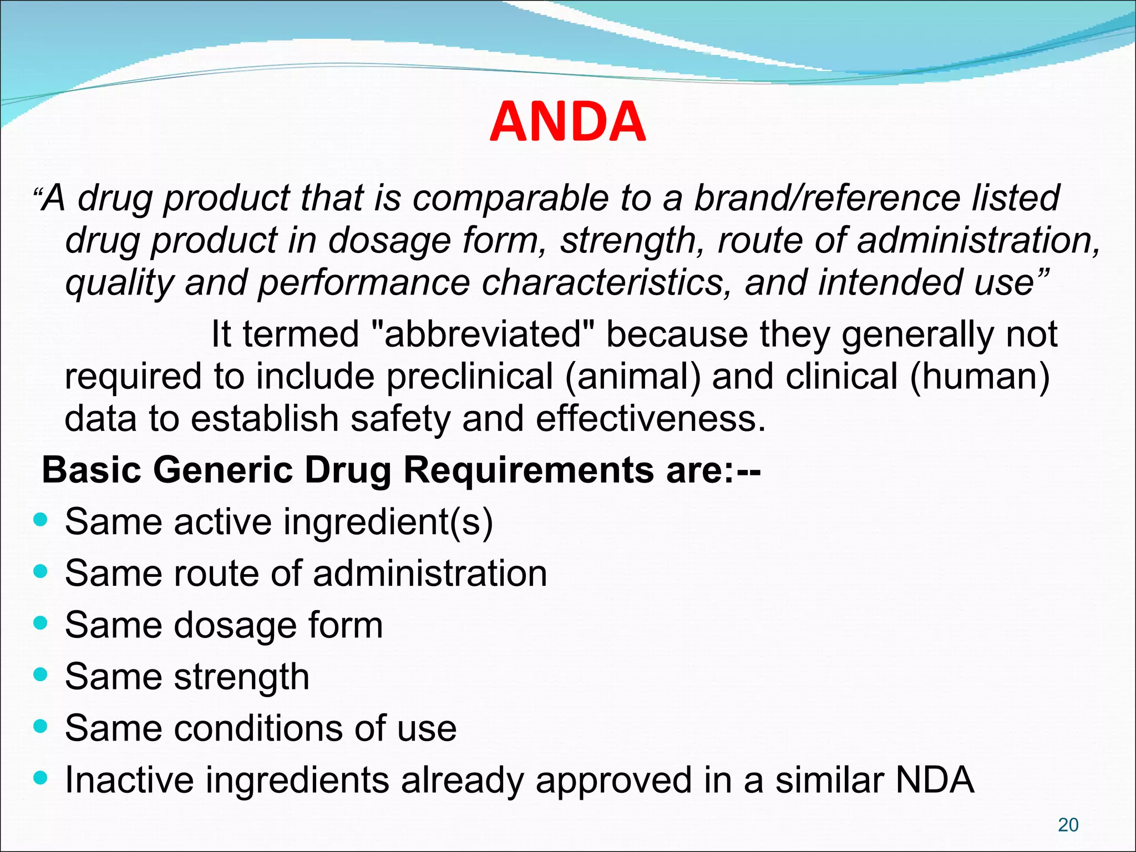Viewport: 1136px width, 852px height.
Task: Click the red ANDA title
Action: [567, 122]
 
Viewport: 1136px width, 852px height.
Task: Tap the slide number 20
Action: [1068, 825]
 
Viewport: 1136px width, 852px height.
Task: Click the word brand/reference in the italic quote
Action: [826, 198]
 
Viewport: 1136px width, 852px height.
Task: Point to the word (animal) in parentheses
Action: [633, 377]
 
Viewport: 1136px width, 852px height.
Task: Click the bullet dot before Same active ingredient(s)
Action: [40, 520]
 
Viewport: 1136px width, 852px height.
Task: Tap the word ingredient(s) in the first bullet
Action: [388, 522]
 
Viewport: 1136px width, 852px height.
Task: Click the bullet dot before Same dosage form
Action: [40, 623]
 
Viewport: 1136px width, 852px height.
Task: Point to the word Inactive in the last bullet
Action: [129, 780]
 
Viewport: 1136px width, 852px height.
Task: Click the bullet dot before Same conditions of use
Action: [40, 726]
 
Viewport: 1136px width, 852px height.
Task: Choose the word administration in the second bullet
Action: [430, 574]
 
